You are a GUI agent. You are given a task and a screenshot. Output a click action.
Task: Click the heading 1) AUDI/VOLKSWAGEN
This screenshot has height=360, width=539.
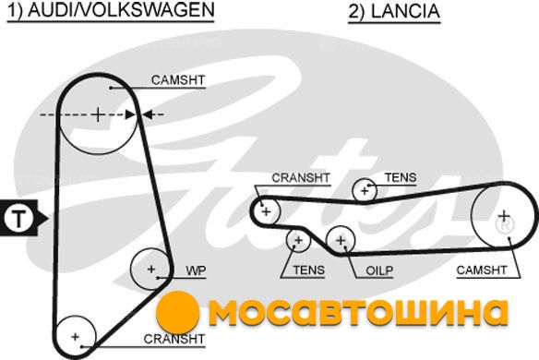tap(111, 10)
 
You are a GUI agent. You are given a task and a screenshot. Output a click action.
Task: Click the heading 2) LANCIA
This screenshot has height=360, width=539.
tap(394, 11)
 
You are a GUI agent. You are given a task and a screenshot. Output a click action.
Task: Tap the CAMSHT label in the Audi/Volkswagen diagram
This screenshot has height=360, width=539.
tap(178, 80)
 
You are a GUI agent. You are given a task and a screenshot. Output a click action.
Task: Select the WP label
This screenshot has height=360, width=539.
tap(196, 270)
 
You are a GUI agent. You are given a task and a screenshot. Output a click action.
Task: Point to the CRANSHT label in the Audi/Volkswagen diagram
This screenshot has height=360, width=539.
tap(174, 339)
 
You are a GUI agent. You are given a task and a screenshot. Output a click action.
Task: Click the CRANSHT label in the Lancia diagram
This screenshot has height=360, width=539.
tap(301, 178)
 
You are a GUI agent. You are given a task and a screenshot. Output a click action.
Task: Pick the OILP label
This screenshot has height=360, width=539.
tap(379, 270)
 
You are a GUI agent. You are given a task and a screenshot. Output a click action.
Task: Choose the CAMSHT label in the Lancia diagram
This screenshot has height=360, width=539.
tap(482, 270)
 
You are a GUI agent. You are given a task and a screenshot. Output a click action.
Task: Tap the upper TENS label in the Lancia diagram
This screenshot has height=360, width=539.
tap(401, 177)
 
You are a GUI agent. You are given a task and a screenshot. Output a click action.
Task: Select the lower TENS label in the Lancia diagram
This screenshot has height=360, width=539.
tap(308, 270)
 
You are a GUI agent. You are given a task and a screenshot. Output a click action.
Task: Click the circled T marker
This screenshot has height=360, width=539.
tap(18, 218)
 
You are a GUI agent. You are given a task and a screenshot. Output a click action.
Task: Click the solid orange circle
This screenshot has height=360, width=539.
tap(177, 312)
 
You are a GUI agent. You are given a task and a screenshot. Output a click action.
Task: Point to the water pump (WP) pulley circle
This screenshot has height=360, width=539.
tap(131, 270)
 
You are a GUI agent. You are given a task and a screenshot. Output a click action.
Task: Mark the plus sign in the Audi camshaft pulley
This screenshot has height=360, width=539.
tap(98, 114)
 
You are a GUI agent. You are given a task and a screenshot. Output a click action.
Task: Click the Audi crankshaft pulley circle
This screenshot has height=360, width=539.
tap(56, 337)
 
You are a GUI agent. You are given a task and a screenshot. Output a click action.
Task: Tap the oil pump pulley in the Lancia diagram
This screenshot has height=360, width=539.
tap(327, 241)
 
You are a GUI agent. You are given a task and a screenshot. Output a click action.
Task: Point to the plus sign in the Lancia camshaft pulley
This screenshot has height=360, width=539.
tap(504, 216)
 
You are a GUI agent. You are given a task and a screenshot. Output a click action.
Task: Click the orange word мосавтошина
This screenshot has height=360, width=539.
tap(359, 312)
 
